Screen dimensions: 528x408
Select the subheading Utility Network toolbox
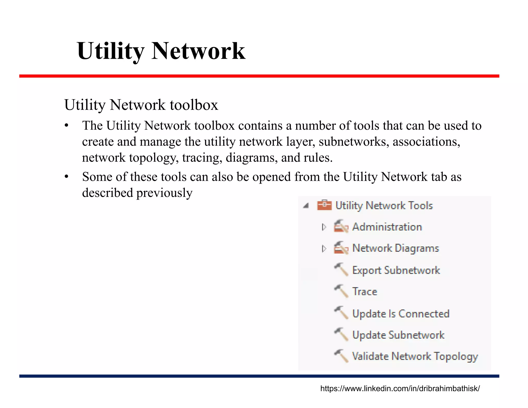click(x=141, y=105)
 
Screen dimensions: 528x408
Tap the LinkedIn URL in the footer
click(x=400, y=388)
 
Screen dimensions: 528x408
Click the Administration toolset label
click(x=387, y=227)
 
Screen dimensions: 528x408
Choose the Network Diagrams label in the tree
click(x=395, y=248)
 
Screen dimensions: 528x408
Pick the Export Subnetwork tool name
click(x=396, y=270)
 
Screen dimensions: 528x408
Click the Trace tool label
click(x=365, y=292)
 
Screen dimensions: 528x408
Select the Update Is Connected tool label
click(x=401, y=314)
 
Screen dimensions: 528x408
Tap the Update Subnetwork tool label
click(x=398, y=335)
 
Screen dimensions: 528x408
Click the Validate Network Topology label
click(x=415, y=356)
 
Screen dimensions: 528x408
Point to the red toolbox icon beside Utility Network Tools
click(x=324, y=205)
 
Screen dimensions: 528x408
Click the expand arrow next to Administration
click(x=324, y=227)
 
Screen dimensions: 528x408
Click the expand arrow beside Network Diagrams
click(x=324, y=248)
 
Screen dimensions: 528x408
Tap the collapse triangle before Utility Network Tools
click(x=306, y=206)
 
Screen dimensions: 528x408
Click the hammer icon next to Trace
click(x=341, y=291)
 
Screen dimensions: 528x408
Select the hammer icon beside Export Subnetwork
click(x=341, y=270)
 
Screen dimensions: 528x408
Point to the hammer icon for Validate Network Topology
click(x=341, y=356)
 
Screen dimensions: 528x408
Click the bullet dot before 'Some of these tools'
click(x=67, y=177)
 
